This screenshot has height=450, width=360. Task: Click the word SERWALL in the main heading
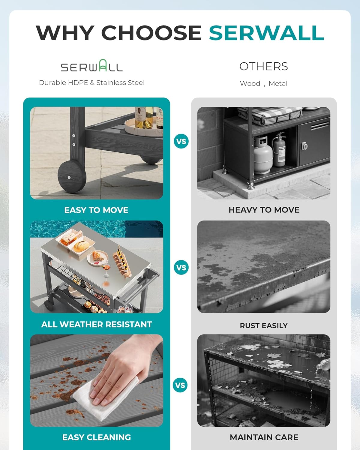[266, 33]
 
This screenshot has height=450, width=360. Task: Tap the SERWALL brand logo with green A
[92, 66]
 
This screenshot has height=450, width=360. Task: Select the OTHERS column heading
[263, 66]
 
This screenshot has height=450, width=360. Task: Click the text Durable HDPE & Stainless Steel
[92, 82]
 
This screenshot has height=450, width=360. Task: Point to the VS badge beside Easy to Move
[181, 141]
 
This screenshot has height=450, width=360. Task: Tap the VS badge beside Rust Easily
[181, 267]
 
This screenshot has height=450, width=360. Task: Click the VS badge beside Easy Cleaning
[180, 385]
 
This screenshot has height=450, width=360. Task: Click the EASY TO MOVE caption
[96, 210]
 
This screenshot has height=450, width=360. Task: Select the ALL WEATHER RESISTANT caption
[97, 324]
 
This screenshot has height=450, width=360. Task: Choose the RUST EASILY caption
[263, 325]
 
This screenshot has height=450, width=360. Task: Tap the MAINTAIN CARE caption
[264, 437]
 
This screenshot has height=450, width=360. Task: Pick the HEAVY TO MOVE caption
[264, 210]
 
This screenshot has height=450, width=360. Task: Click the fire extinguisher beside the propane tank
[279, 150]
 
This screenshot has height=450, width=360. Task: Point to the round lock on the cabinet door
[305, 146]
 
